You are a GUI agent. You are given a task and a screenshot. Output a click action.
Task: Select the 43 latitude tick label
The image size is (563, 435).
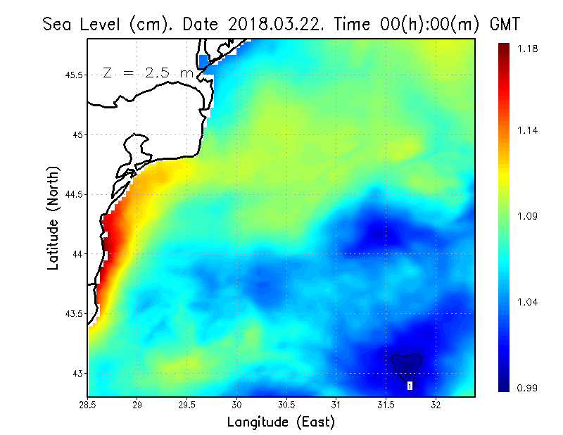point(76,373)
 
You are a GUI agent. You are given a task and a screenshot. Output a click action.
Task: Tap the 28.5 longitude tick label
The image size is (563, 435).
point(88,404)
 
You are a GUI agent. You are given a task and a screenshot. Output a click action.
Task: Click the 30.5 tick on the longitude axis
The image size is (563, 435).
point(286,404)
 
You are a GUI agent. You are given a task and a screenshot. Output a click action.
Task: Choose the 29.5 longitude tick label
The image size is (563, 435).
point(187,404)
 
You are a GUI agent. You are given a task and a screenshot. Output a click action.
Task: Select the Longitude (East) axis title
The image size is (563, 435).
point(281,422)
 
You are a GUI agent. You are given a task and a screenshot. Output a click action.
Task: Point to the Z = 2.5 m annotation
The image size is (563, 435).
point(148,72)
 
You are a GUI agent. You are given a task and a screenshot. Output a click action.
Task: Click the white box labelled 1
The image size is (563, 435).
point(410,386)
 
